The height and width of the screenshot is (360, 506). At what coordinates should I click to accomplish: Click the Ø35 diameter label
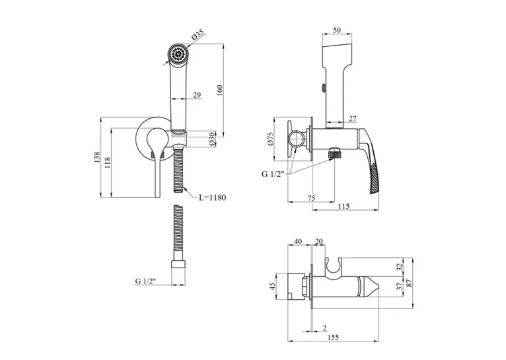point(198,34)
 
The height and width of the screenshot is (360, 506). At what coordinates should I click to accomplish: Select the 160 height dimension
point(219,90)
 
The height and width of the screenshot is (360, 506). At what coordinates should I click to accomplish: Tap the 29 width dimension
point(197,95)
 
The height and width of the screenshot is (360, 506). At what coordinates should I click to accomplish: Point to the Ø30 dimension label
point(211,139)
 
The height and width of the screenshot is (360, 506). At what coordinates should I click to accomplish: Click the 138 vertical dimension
point(97,157)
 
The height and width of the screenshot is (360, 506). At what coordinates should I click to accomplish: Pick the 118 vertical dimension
point(107,162)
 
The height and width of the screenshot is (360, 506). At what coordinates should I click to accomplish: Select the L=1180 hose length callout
point(212,198)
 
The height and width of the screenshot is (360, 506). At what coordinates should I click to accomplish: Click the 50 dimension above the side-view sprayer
point(337,30)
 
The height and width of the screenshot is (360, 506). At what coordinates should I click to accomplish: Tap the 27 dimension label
point(353,118)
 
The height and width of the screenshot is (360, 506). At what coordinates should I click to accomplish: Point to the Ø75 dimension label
point(270,139)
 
